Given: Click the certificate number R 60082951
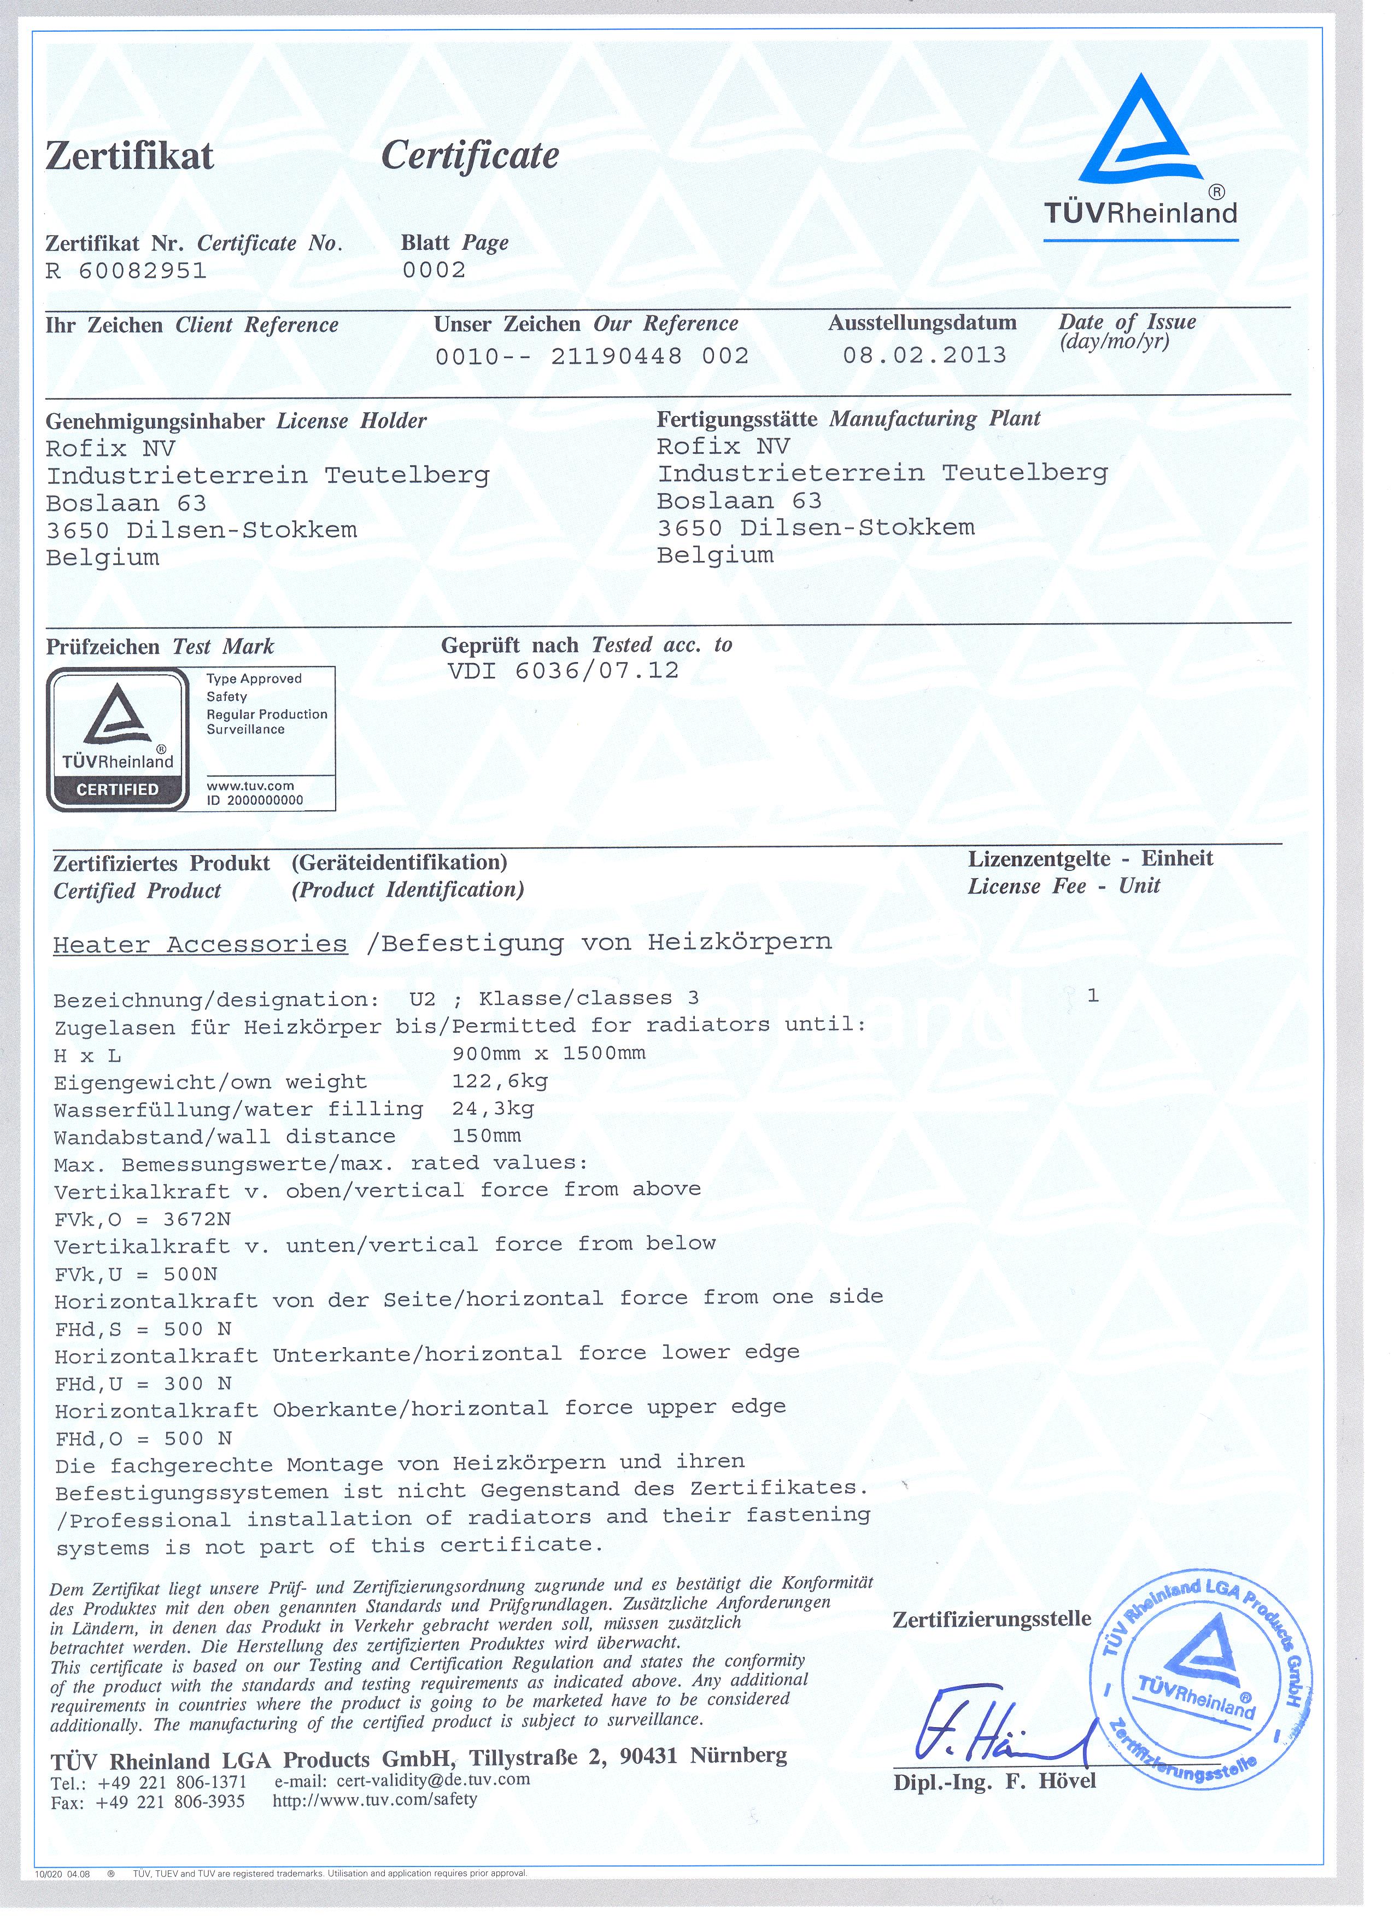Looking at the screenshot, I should click(x=126, y=271).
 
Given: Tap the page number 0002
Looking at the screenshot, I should click(x=434, y=270).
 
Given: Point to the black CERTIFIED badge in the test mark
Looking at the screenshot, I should click(x=118, y=789).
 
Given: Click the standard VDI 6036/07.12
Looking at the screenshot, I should click(x=560, y=671).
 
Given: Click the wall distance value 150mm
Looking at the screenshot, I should click(x=487, y=1136).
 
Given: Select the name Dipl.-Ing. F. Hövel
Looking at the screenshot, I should click(x=994, y=1781).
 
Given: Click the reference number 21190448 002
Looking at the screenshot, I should click(x=649, y=356).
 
